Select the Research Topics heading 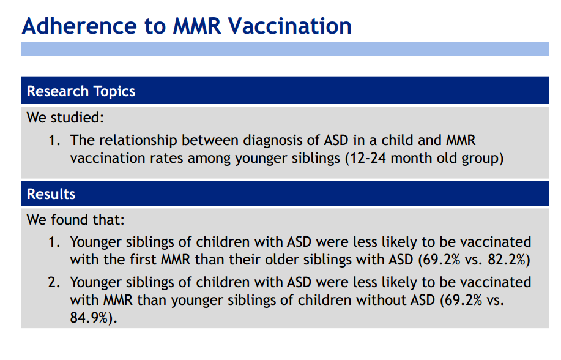pyautogui.click(x=81, y=92)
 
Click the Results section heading pyautogui.click(x=51, y=194)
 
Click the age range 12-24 pyautogui.click(x=366, y=158)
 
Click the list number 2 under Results pyautogui.click(x=54, y=283)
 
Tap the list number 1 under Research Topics pyautogui.click(x=54, y=140)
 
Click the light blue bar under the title pyautogui.click(x=284, y=49)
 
